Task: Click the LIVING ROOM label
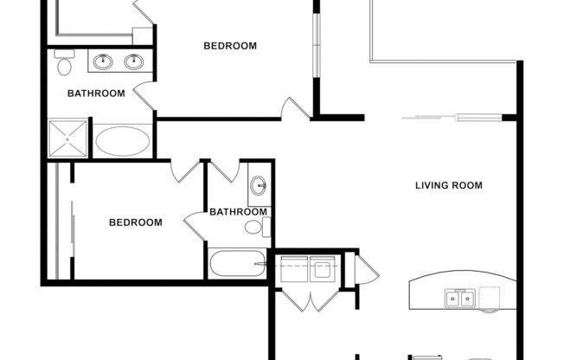[448, 185]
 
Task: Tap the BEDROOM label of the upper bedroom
[229, 46]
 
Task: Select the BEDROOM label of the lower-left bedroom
[135, 222]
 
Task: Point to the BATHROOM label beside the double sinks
[96, 93]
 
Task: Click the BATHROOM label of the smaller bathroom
[238, 212]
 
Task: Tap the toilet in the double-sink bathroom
[63, 65]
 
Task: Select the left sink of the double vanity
[104, 61]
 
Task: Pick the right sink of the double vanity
[133, 61]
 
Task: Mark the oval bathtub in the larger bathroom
[122, 141]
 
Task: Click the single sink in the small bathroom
[259, 185]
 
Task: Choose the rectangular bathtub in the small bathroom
[236, 263]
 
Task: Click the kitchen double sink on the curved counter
[459, 299]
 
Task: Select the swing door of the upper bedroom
[296, 109]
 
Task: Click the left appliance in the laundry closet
[294, 269]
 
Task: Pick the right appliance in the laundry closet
[324, 269]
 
